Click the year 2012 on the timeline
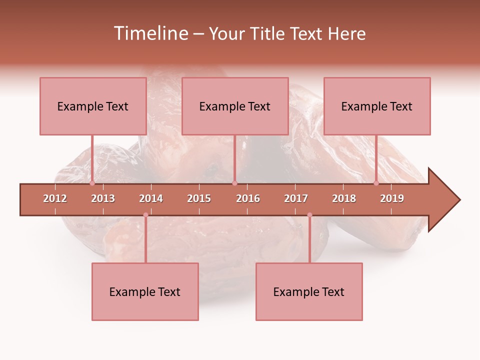(x=55, y=198)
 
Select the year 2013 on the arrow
(x=103, y=198)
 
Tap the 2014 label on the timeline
(x=151, y=198)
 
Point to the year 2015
(x=199, y=198)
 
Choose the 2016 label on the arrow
(x=248, y=198)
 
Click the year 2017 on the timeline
(x=296, y=198)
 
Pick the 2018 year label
(x=344, y=198)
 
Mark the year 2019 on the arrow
(x=392, y=198)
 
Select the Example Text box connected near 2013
(x=93, y=106)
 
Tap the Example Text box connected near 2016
(x=235, y=106)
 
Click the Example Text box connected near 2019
(x=377, y=106)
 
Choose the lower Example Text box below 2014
(x=145, y=292)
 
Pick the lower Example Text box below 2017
(x=309, y=292)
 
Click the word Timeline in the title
(x=150, y=33)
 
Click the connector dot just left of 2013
(x=92, y=183)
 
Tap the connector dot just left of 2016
(x=234, y=183)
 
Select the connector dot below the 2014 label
(x=145, y=215)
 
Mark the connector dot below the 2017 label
(x=309, y=215)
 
